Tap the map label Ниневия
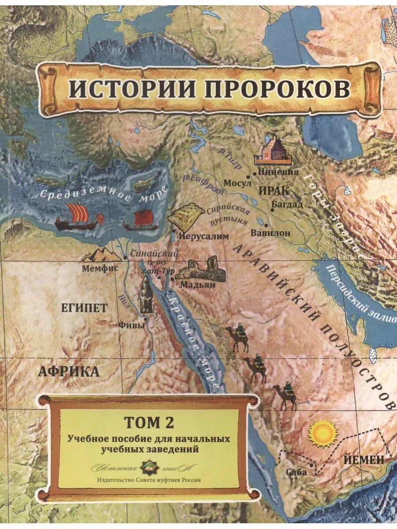coord(279,172)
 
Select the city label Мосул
coord(237,183)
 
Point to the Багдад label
coord(287,204)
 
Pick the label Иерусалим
coord(205,236)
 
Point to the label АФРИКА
coord(68,371)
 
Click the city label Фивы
coord(132,325)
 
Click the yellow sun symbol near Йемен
coord(322,434)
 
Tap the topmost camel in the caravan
coord(238,337)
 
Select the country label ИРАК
coord(273,191)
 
